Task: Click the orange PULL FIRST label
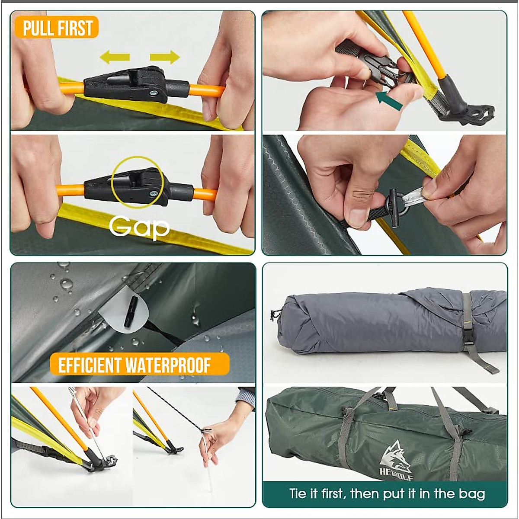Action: coord(57,27)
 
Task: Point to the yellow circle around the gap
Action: coord(137,182)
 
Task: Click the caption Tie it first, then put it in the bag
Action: coord(387,493)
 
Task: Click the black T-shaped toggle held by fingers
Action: coord(394,207)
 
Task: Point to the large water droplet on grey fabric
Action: coord(66,284)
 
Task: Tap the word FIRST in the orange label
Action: coord(76,28)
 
